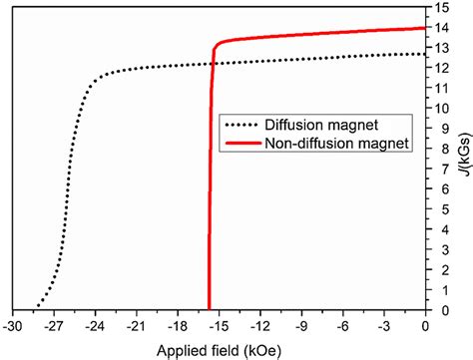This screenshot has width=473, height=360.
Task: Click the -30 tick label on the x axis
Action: point(13,325)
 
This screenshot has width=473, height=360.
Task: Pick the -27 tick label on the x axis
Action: point(54,325)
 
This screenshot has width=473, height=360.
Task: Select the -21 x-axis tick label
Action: point(137,325)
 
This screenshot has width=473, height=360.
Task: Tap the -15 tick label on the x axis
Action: point(220,325)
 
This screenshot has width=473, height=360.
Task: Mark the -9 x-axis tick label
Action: point(302,325)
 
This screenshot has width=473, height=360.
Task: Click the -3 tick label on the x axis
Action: point(385,325)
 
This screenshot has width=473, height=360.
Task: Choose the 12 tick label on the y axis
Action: point(440,68)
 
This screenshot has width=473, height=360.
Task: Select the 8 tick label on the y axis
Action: point(437,148)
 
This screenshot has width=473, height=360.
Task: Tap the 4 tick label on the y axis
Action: point(437,228)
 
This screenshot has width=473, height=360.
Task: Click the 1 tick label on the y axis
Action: point(437,288)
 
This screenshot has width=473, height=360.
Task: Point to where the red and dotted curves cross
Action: point(212,64)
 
